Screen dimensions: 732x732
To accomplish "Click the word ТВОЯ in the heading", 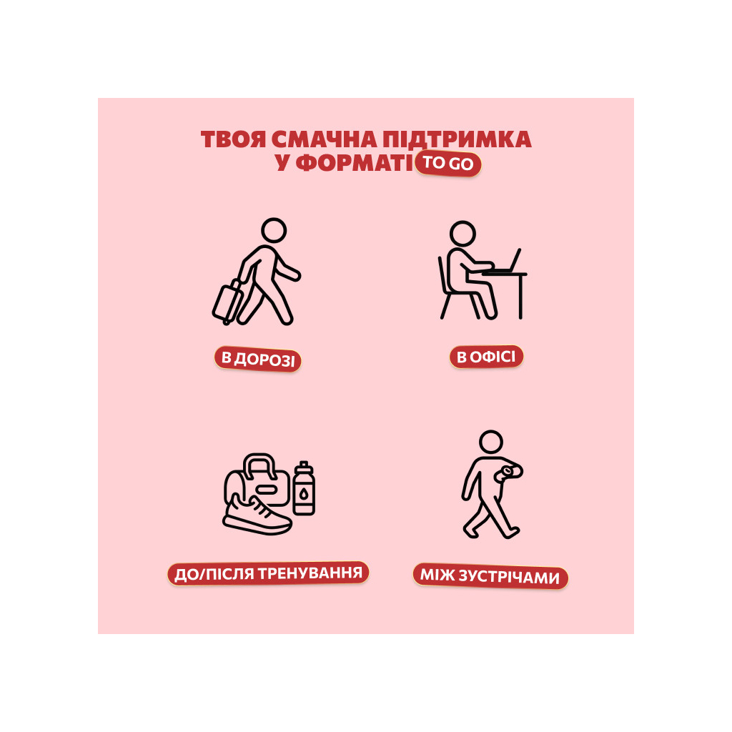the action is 234,139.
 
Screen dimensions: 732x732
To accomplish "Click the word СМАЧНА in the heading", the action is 324,139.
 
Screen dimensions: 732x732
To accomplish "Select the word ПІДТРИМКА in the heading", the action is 457,139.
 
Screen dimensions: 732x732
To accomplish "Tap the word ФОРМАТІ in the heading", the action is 355,163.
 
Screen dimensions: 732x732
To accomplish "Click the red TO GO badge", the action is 448,164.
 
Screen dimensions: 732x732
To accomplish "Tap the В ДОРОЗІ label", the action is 257,360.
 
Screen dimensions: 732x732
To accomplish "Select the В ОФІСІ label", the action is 486,357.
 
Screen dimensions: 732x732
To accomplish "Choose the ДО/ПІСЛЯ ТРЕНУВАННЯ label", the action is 269,573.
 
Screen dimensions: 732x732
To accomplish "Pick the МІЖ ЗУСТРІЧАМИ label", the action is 490,576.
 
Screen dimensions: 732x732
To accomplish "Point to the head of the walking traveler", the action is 274,230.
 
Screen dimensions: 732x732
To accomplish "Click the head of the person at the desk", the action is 463,234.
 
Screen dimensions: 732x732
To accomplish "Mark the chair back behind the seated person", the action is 443,274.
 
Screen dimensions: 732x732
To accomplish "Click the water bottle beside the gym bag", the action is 304,488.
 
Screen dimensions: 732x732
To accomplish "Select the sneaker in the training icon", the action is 257,515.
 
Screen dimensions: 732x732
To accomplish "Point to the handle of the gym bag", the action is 259,464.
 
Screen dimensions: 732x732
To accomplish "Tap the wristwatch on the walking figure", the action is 506,473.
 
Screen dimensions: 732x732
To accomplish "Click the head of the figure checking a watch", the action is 491,442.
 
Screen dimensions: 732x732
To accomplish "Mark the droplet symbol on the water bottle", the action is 304,493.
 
